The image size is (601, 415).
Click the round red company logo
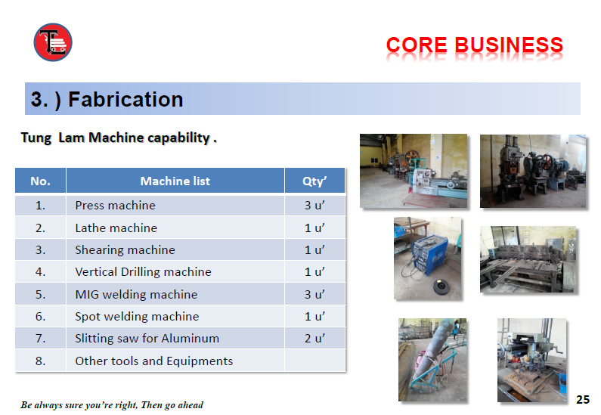coord(53,42)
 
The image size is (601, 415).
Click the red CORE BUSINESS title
coord(475,45)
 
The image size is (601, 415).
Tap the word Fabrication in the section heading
coord(125,99)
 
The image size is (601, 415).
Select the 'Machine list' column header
coord(175,181)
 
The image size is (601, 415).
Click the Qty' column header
coord(314,181)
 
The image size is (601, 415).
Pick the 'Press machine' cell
coord(116,206)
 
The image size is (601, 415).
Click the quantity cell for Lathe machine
coord(314,228)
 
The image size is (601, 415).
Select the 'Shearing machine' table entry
coord(125,250)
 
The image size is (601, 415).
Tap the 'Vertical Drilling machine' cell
coord(144,271)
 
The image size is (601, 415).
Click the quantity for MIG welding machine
coord(314,294)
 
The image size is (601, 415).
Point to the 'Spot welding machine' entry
coord(138,317)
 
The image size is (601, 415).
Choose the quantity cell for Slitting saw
coord(314,339)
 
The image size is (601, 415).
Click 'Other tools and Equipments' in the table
coord(154,361)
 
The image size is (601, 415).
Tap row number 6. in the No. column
coord(40,317)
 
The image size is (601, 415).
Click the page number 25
coord(583,399)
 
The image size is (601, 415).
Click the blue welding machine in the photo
coord(429,255)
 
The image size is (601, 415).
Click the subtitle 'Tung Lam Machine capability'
coord(119,138)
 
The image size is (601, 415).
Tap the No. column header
coord(40,181)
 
